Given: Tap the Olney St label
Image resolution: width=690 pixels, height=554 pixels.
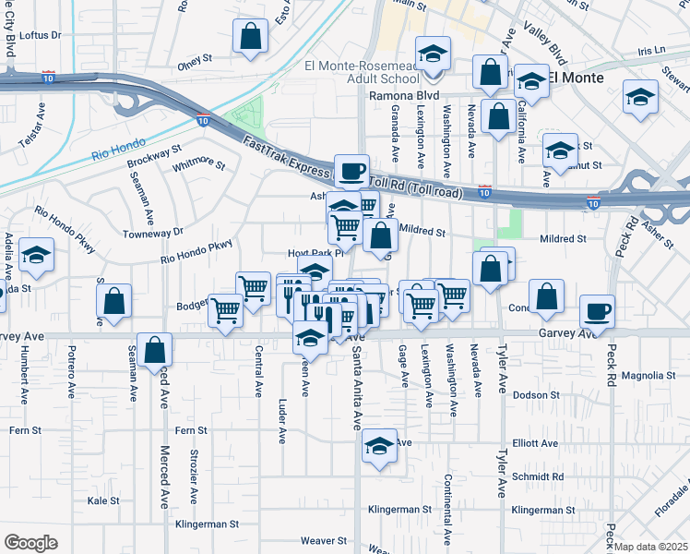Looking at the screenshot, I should (195, 66).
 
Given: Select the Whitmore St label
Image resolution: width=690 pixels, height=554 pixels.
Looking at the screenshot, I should (199, 163).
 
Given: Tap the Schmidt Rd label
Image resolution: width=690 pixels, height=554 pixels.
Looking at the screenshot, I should (535, 476).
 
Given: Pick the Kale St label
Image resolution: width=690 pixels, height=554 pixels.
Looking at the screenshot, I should (103, 500).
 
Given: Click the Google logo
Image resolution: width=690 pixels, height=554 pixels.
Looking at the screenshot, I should (30, 543).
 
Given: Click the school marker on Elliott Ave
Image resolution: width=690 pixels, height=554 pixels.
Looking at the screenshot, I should (379, 444).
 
